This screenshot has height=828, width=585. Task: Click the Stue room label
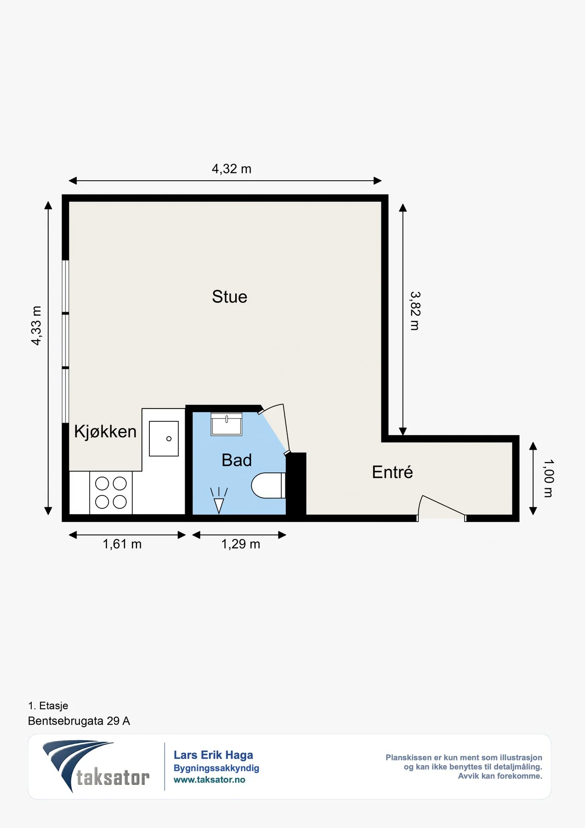(x=229, y=297)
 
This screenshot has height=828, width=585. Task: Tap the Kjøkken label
(x=105, y=431)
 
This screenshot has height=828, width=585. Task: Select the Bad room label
(x=237, y=460)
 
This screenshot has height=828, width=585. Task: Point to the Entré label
(x=392, y=472)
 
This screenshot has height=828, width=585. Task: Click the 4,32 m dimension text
(x=231, y=169)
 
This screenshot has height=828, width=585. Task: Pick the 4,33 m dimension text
(x=36, y=325)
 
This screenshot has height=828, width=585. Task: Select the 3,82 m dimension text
(x=415, y=311)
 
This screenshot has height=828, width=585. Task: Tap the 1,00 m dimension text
(x=549, y=478)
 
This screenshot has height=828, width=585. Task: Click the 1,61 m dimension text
(x=122, y=544)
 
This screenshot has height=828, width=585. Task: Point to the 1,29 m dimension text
(x=241, y=544)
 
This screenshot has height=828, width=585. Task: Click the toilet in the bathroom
(x=269, y=485)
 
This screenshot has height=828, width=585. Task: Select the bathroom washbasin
(x=226, y=424)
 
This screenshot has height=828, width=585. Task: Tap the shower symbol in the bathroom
(x=219, y=500)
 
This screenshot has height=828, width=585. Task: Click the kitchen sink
(x=164, y=439)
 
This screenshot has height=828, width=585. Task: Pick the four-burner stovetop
(x=111, y=493)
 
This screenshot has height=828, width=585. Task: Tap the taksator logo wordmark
(x=113, y=777)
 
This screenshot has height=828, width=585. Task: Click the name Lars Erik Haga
(x=213, y=755)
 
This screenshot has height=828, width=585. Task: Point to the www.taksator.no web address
(x=209, y=780)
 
